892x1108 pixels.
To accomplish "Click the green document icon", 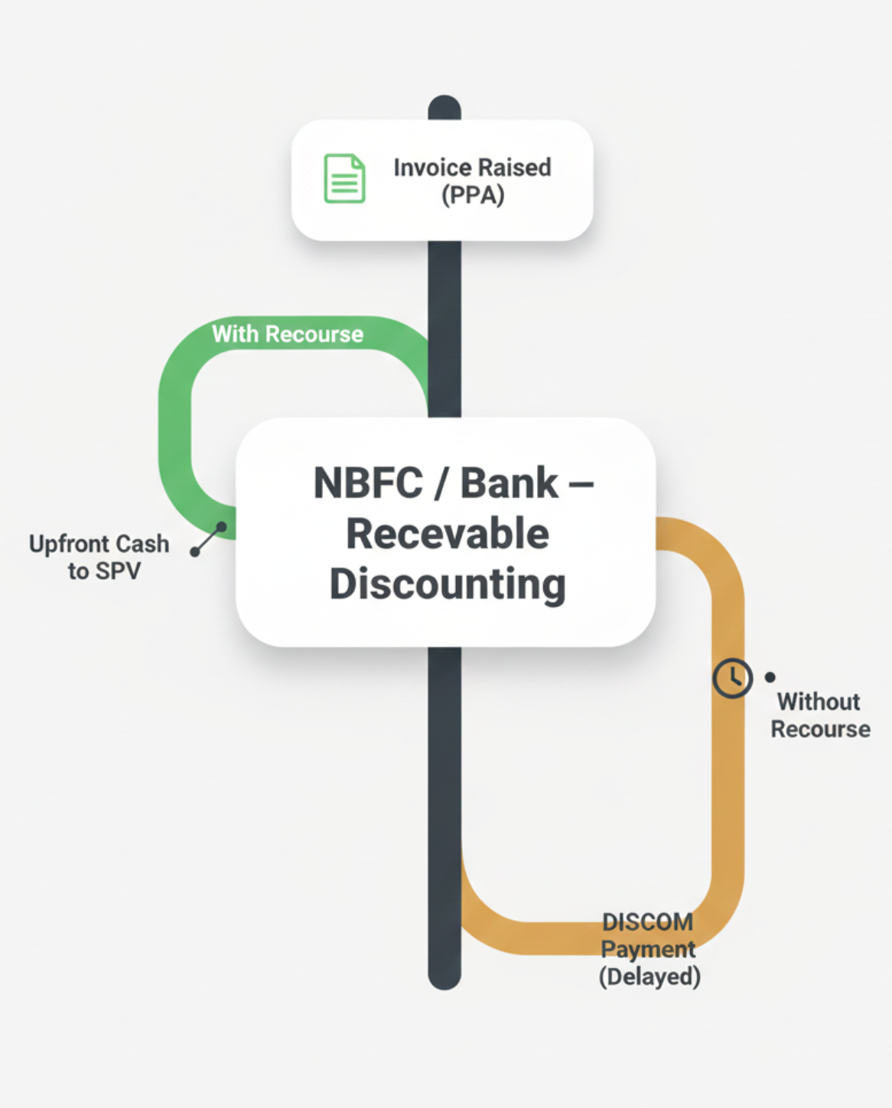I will [344, 179].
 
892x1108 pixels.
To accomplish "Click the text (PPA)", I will [473, 195].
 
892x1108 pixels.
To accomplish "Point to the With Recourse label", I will [288, 334].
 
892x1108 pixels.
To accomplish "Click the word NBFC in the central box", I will [368, 483].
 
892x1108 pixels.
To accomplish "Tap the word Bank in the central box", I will [509, 483].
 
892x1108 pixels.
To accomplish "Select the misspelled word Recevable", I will [448, 534].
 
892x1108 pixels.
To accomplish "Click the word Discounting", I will [448, 584].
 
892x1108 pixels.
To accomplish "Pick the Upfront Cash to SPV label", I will [99, 557].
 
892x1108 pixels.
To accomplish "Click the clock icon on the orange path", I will [732, 677].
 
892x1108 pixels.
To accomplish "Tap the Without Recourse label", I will [820, 715].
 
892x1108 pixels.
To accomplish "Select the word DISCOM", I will [648, 922].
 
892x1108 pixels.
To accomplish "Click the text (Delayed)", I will [649, 976].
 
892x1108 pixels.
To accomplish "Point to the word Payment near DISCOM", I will [648, 950].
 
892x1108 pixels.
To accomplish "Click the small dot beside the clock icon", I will [770, 677].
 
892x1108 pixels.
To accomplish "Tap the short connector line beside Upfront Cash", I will [208, 539].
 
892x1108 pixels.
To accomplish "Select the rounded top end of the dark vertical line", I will [444, 106].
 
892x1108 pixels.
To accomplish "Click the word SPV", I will [119, 571].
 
